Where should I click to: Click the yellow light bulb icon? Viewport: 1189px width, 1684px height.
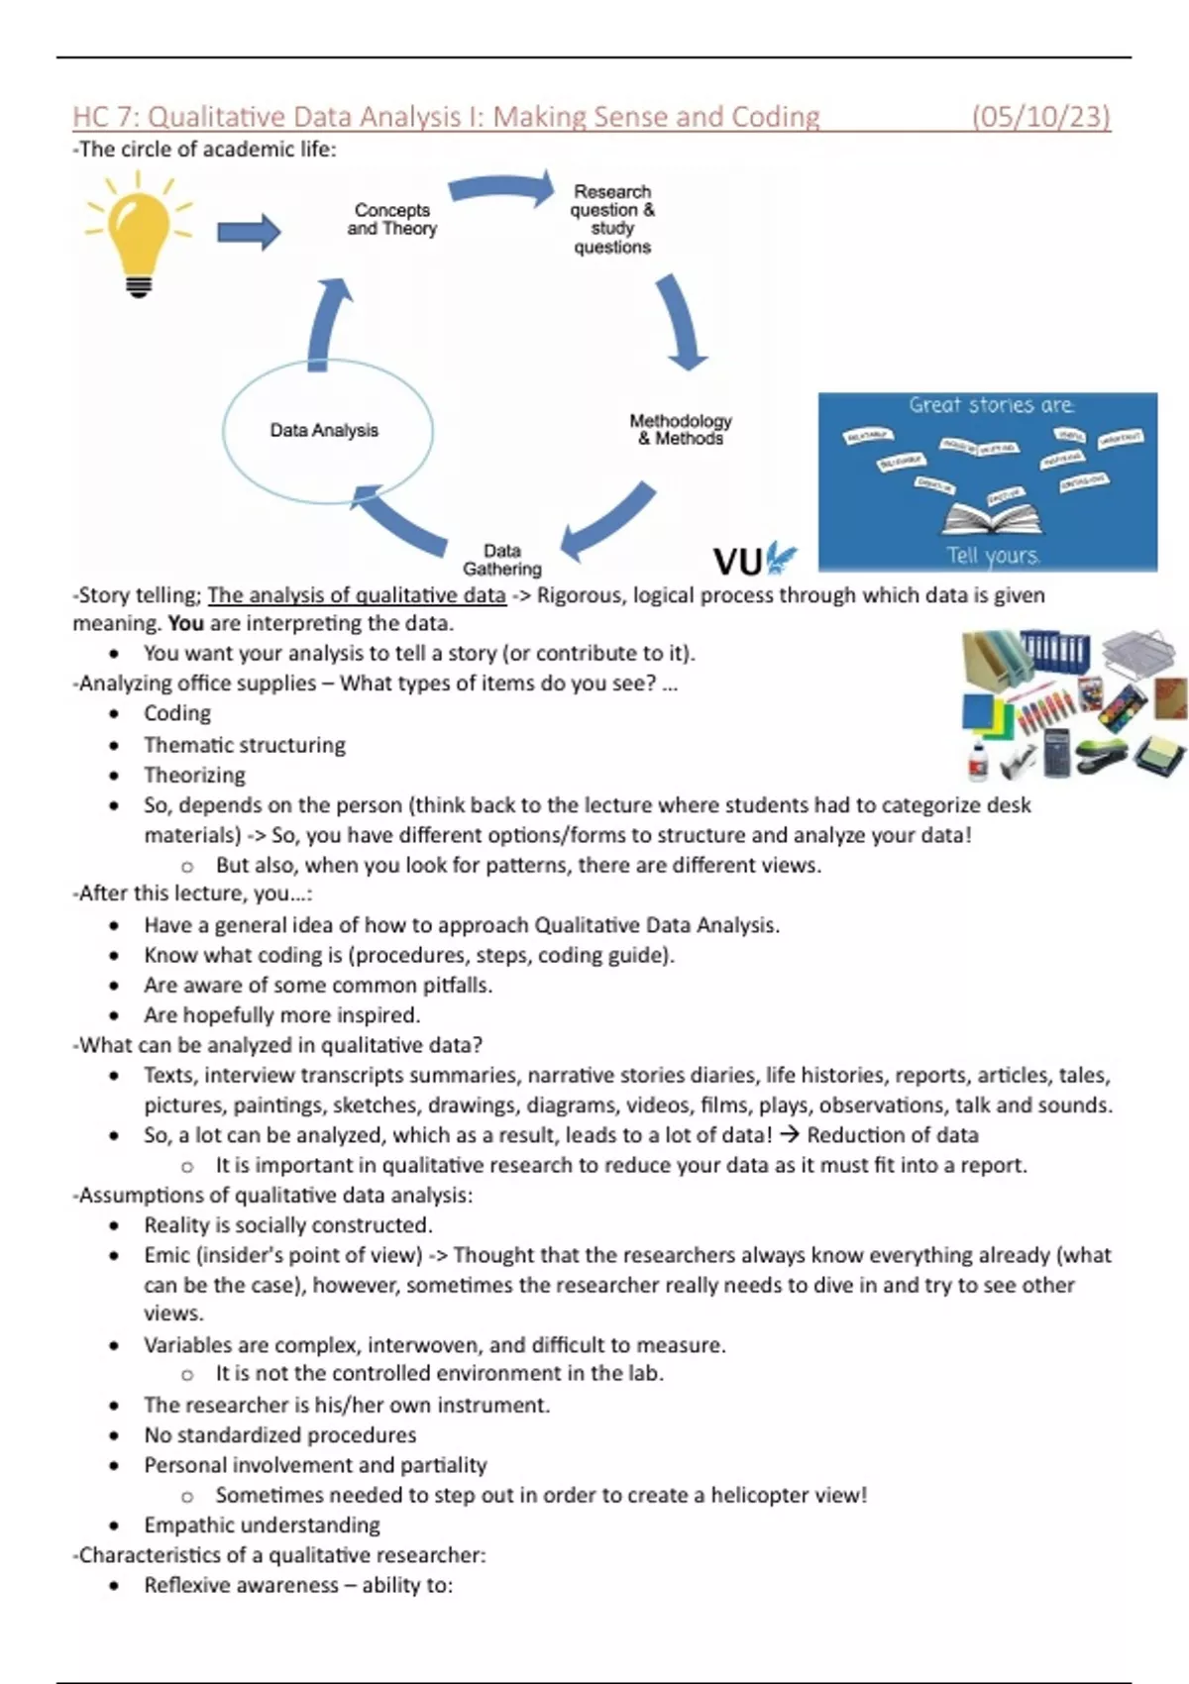point(139,231)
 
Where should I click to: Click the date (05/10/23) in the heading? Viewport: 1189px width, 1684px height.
point(1040,117)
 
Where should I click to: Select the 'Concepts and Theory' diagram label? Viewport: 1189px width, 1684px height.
point(392,219)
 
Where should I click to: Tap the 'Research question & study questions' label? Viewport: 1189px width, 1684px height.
point(612,219)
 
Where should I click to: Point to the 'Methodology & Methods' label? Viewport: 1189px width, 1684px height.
point(681,429)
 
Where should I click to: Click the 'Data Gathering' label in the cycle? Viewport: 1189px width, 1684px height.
point(502,560)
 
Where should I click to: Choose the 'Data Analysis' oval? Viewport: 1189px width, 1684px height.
point(327,431)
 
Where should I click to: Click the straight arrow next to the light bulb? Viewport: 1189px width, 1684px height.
point(249,233)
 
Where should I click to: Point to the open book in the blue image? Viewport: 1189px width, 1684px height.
point(992,516)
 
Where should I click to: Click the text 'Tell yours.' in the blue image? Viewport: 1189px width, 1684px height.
point(992,555)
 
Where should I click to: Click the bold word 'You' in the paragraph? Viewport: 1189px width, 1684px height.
point(185,623)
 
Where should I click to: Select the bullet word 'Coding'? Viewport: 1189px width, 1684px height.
point(177,713)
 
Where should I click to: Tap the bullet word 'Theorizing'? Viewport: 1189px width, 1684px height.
point(194,775)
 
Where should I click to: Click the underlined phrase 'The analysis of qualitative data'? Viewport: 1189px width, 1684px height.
point(357,595)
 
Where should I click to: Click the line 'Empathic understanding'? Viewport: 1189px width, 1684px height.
point(262,1525)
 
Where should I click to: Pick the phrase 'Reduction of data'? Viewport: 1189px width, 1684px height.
point(892,1134)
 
